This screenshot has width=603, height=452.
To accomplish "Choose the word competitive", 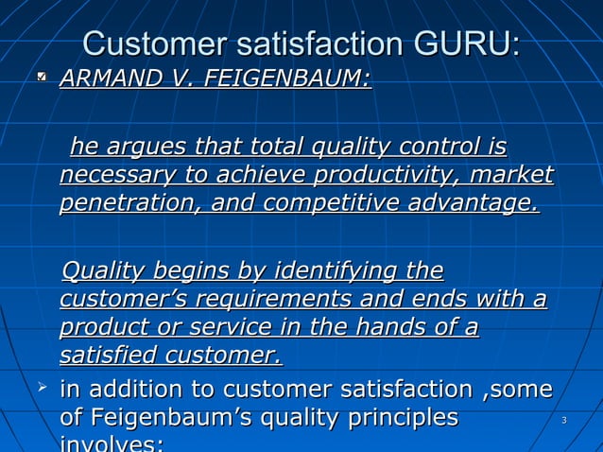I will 341,204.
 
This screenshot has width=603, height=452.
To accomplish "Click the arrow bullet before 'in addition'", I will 42,386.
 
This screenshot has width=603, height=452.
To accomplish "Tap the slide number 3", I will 563,419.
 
